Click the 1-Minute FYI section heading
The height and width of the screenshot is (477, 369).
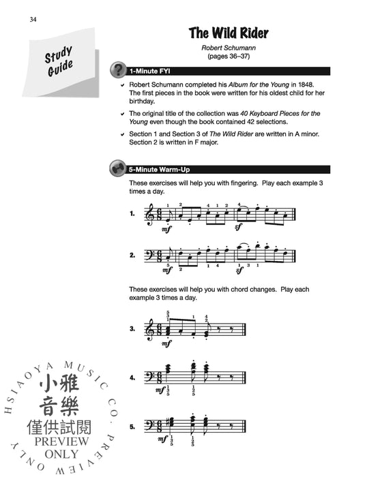[151, 71]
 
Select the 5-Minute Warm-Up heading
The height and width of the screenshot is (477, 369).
[159, 170]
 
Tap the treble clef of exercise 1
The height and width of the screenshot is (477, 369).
[150, 215]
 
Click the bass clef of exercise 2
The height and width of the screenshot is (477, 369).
[149, 255]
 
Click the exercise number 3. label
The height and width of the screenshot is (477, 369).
[132, 329]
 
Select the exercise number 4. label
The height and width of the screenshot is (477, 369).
[132, 376]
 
